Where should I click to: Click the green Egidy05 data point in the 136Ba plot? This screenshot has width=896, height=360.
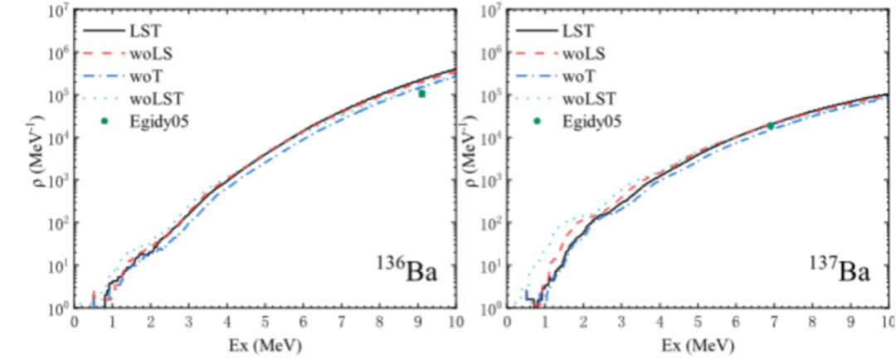(422, 94)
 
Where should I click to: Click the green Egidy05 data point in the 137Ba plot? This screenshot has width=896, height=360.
(771, 125)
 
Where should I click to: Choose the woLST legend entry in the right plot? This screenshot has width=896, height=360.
(587, 100)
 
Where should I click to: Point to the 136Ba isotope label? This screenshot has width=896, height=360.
(406, 270)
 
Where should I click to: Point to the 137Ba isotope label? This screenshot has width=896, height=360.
(839, 270)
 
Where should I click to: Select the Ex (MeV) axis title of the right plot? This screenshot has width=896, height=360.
(699, 344)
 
